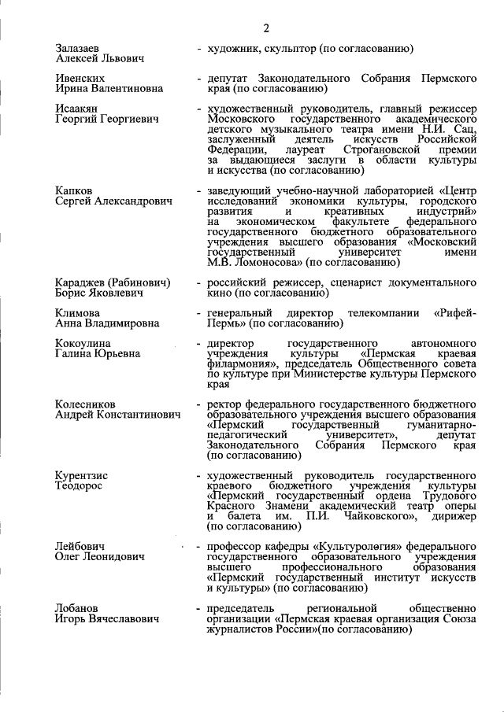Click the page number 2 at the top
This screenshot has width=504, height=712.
click(x=266, y=29)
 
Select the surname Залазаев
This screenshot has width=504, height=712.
click(x=78, y=49)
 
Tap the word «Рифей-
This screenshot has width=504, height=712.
click(x=454, y=313)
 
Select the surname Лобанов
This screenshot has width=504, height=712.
click(x=79, y=608)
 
